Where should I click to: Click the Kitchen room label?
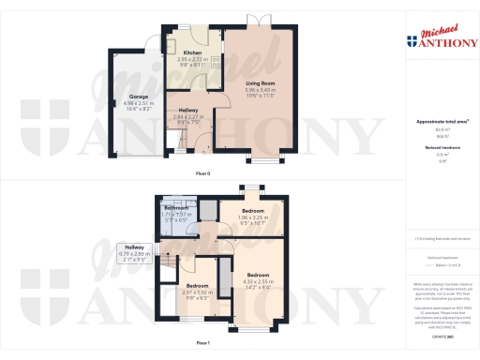tap(193, 52)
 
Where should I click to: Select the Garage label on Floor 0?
tap(140, 97)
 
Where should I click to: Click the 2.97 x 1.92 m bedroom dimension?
tap(198, 292)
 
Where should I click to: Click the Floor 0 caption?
tap(202, 174)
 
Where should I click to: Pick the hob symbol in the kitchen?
tap(215, 64)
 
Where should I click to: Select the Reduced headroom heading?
tap(434, 147)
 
